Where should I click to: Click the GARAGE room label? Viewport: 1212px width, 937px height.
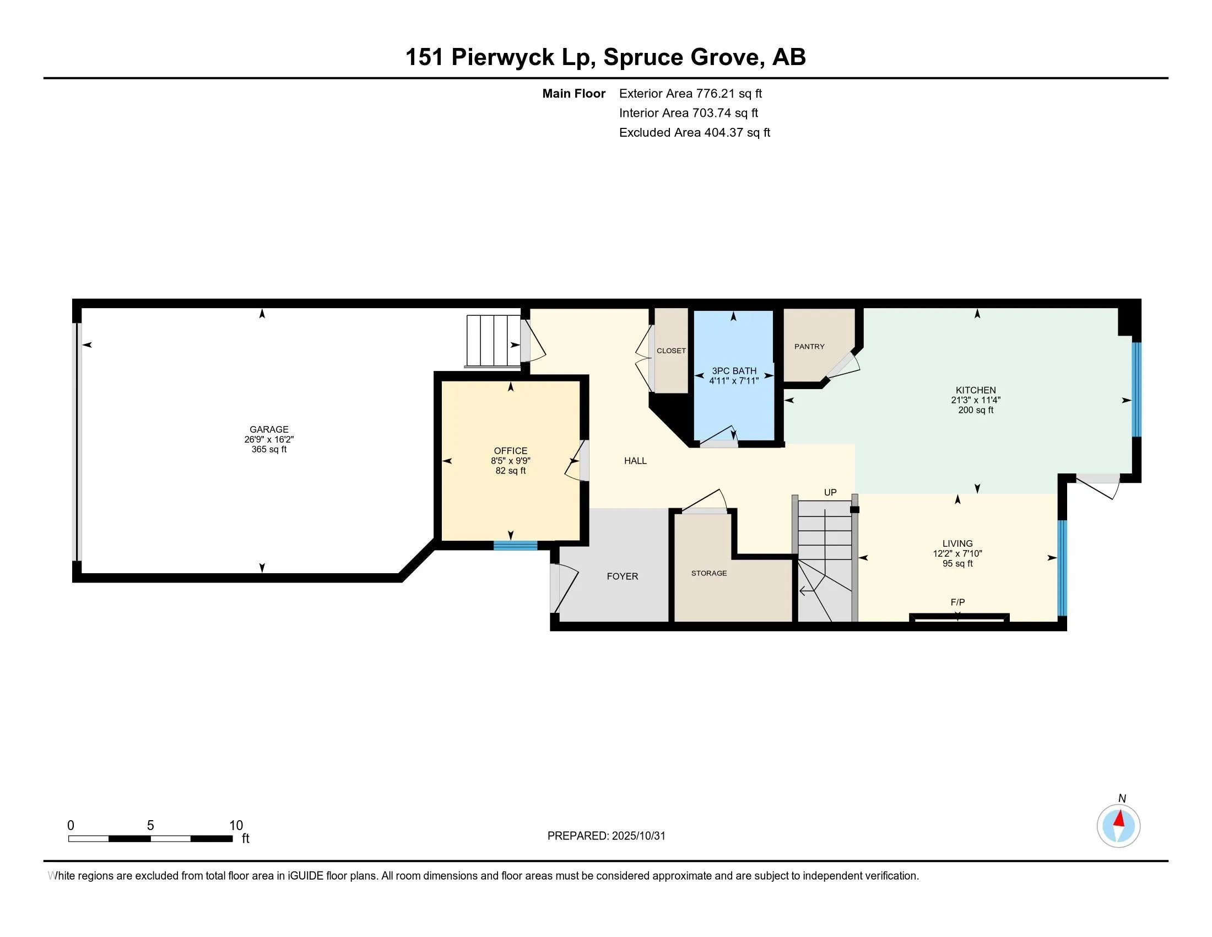[x=269, y=429]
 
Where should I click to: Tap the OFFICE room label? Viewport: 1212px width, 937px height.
[x=510, y=451]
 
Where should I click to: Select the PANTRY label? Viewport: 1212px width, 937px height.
[x=809, y=346]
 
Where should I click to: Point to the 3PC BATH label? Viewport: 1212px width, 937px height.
[x=734, y=371]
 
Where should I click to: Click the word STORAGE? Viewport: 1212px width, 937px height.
[x=708, y=573]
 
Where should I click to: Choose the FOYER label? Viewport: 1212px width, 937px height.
[x=622, y=576]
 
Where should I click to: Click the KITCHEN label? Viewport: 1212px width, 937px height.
[x=975, y=390]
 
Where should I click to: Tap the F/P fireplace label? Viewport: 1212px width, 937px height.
[x=957, y=602]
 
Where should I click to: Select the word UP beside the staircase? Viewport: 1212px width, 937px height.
[x=830, y=492]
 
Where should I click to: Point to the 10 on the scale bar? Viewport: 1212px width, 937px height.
[x=236, y=826]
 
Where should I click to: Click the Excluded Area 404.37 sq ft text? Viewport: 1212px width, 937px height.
[x=694, y=133]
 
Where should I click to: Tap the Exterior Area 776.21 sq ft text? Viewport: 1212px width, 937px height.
[x=690, y=94]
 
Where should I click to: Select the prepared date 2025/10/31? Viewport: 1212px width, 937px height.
[x=638, y=836]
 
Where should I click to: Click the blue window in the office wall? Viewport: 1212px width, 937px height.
[x=515, y=545]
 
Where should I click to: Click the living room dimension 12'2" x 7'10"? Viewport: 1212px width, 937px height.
[x=957, y=553]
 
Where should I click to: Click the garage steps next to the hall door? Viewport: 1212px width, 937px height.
[x=493, y=341]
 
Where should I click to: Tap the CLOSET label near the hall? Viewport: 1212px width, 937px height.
[x=671, y=351]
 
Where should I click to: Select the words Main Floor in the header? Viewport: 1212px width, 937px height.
[x=573, y=94]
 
